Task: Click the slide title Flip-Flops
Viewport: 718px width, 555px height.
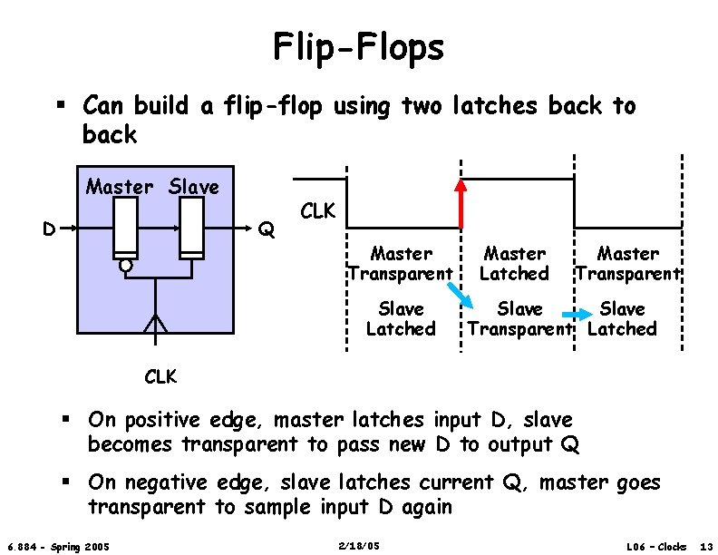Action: [359, 47]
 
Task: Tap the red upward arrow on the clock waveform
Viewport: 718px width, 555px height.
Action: [461, 203]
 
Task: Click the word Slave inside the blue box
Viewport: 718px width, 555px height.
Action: [194, 187]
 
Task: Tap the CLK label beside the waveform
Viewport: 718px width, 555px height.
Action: [317, 212]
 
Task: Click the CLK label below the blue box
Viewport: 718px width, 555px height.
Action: [160, 375]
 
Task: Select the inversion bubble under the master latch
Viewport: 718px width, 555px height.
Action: [126, 266]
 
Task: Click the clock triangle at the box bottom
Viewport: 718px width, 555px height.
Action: [156, 323]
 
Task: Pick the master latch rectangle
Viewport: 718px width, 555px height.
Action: [125, 228]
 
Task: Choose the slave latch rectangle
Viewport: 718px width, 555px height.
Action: [191, 228]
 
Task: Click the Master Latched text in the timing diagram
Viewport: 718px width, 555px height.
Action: [514, 263]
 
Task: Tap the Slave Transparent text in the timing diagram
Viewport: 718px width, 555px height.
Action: [520, 318]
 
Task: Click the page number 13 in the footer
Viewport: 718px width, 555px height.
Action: [706, 546]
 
